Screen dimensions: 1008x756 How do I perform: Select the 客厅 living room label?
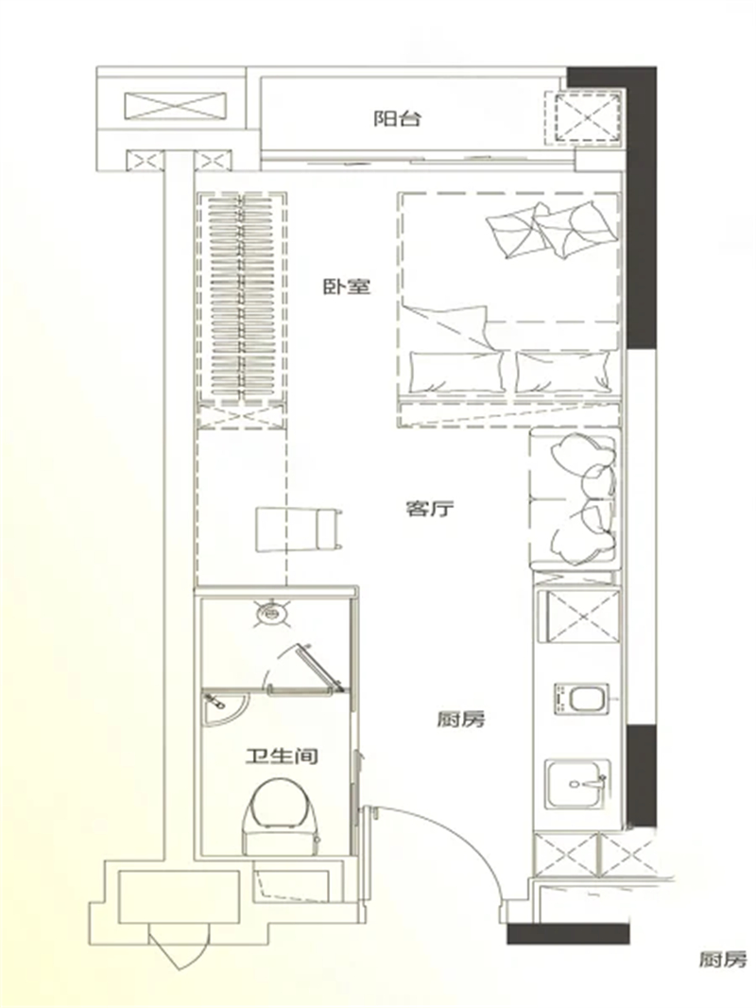click(x=431, y=510)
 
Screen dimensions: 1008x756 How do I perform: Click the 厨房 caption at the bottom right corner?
click(x=724, y=961)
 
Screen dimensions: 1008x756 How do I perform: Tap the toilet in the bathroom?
click(x=282, y=811)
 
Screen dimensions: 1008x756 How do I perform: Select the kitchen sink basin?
click(x=576, y=784)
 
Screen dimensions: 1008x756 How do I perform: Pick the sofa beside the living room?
click(x=575, y=498)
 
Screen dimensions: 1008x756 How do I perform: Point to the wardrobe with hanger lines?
click(x=240, y=297)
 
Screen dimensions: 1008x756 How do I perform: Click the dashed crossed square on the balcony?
click(x=587, y=118)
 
